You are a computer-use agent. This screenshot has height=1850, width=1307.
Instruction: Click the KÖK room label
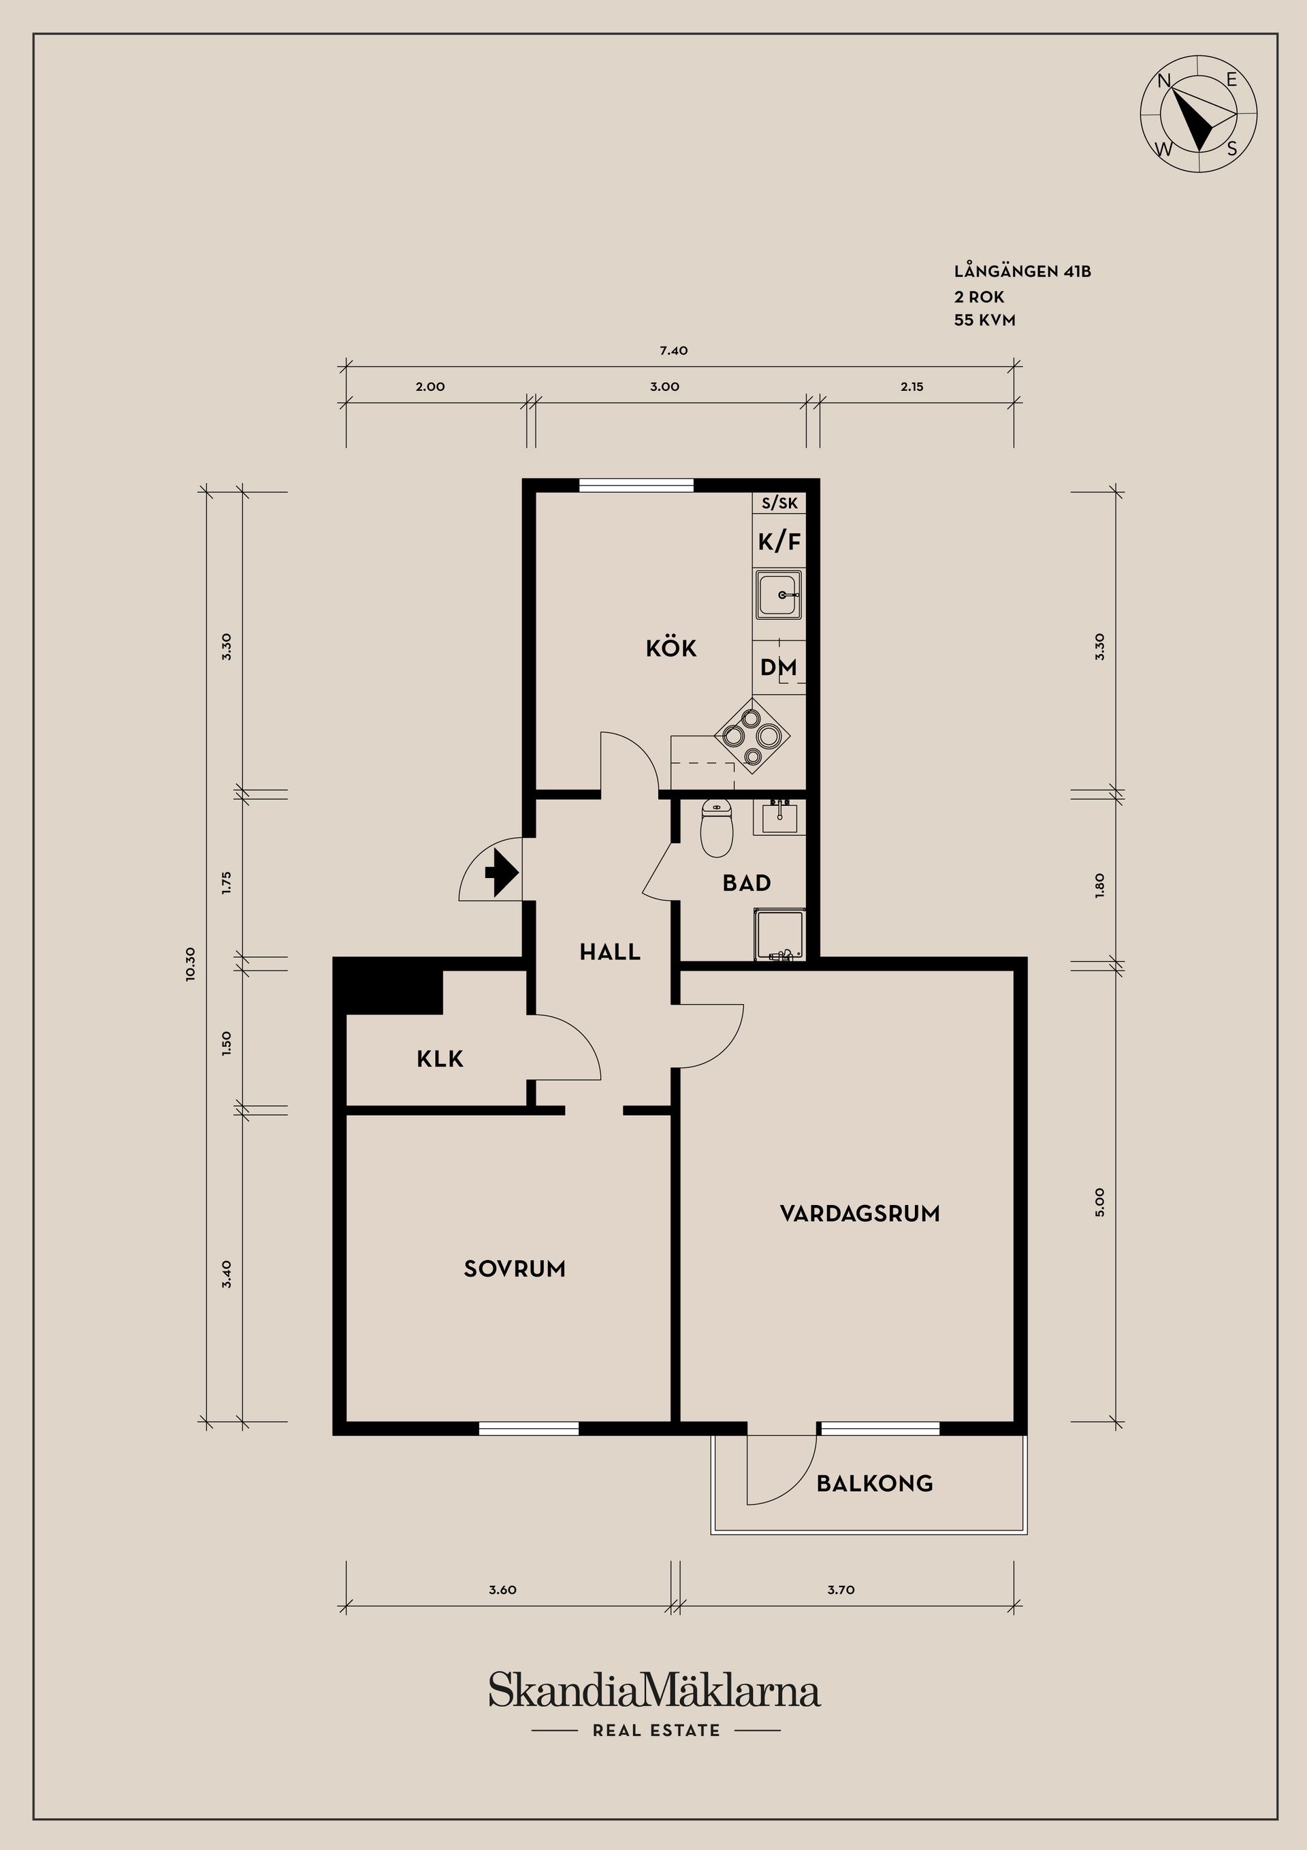pos(671,648)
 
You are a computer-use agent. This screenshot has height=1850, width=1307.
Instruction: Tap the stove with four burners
pos(752,736)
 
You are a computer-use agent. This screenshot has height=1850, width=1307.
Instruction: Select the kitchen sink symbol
pos(779,595)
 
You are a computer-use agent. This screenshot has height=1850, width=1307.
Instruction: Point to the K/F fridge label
pos(779,542)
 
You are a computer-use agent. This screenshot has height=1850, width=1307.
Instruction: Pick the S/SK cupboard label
pos(779,503)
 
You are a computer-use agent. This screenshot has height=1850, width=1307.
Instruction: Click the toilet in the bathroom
pos(716,828)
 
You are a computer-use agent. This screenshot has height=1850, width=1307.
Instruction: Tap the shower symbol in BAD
pos(779,935)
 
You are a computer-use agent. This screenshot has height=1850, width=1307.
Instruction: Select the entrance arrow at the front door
pos(501,873)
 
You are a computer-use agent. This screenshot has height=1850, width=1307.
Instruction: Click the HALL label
pos(610,952)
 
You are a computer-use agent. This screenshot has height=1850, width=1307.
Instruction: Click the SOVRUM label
pos(514,1269)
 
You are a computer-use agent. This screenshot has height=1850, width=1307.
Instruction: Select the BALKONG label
pos(874,1484)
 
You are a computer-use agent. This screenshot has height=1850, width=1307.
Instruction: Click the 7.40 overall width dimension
pos(673,351)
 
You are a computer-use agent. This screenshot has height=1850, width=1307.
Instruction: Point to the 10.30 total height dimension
pos(190,964)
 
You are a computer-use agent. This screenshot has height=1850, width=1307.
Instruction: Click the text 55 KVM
pos(984,320)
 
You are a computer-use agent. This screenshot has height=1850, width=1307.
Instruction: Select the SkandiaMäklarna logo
pos(654,1691)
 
